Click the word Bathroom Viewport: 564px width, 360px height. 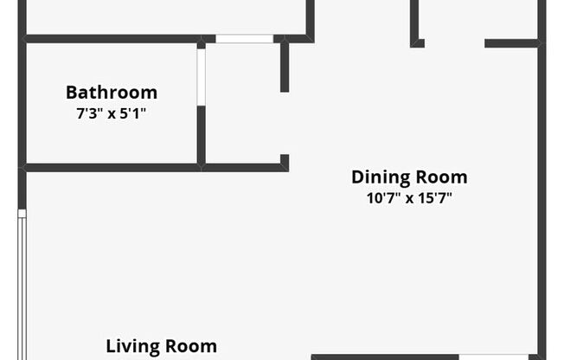[112, 93]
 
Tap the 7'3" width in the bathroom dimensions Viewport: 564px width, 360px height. [89, 113]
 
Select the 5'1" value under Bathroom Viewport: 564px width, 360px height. [132, 113]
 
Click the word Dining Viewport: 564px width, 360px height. [381, 178]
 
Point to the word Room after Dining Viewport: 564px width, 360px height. [442, 177]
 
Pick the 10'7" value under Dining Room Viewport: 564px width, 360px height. [382, 198]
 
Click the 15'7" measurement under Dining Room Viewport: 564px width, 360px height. [435, 198]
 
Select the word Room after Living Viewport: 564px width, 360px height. [191, 346]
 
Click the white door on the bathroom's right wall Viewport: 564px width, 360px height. [202, 77]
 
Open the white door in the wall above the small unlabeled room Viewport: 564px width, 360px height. [245, 39]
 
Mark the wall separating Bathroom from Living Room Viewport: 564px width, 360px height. [112, 167]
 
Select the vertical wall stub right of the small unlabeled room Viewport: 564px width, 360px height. [285, 67]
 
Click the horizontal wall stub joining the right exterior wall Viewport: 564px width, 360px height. [512, 43]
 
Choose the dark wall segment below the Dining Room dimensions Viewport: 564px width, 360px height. [385, 357]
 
